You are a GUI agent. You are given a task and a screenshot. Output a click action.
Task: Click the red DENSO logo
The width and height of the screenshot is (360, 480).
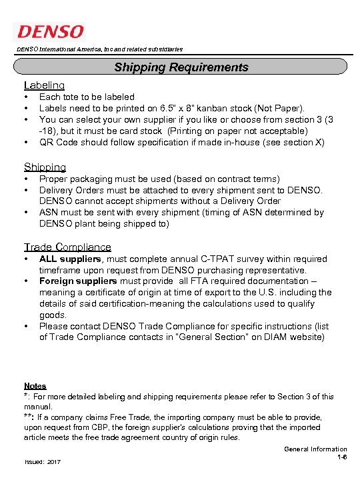pos(51,31)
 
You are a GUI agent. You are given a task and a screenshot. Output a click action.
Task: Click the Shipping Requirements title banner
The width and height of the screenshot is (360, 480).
pos(181,67)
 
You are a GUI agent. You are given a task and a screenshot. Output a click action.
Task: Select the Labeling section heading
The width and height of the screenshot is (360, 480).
pos(44,85)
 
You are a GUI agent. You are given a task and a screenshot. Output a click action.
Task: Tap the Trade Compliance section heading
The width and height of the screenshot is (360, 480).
pos(67,247)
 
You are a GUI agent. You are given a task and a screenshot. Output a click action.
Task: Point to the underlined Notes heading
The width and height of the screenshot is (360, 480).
pos(35,386)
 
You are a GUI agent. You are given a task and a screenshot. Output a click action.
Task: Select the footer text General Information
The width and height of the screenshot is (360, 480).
pos(315,449)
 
